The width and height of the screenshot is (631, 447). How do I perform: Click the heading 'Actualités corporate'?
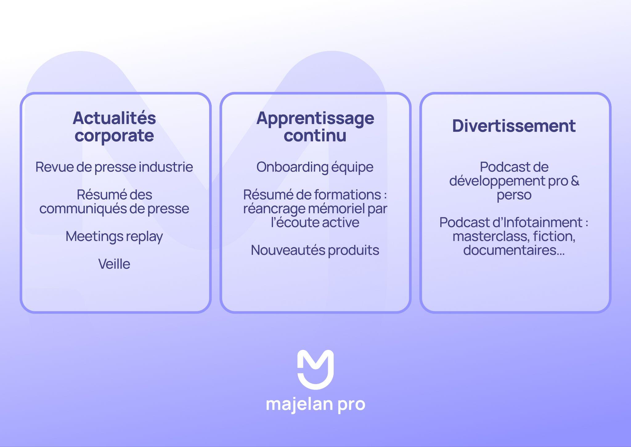(114, 126)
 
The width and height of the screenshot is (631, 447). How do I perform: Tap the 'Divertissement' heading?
(514, 126)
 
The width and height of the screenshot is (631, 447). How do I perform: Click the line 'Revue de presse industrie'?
(114, 167)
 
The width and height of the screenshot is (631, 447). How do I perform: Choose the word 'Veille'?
(114, 264)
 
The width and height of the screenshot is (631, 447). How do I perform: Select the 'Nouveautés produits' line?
(315, 250)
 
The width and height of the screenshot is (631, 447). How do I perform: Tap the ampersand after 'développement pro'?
(575, 181)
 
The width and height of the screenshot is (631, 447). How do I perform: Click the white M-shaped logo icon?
(315, 369)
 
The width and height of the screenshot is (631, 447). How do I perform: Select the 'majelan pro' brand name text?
(315, 404)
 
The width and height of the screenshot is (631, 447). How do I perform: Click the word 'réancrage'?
(274, 209)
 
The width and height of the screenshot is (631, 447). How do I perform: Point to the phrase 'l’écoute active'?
(315, 222)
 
